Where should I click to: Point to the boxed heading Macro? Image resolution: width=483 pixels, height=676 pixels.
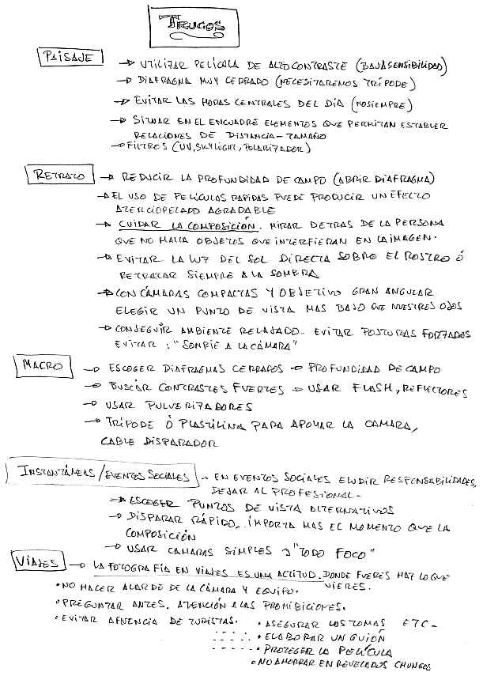coord(42,365)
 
